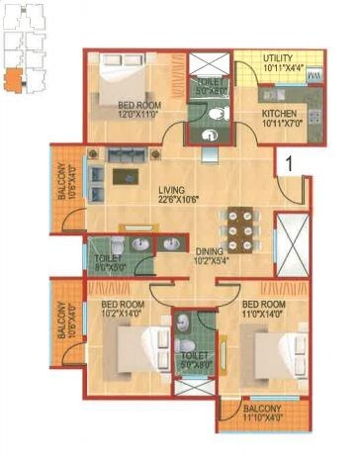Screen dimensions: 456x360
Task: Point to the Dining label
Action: coord(209,251)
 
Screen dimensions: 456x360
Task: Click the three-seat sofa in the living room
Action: coord(129,156)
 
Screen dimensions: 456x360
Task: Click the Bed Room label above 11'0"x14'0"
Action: coord(263,303)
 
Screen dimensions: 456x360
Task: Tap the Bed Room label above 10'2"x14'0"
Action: coord(125,303)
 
